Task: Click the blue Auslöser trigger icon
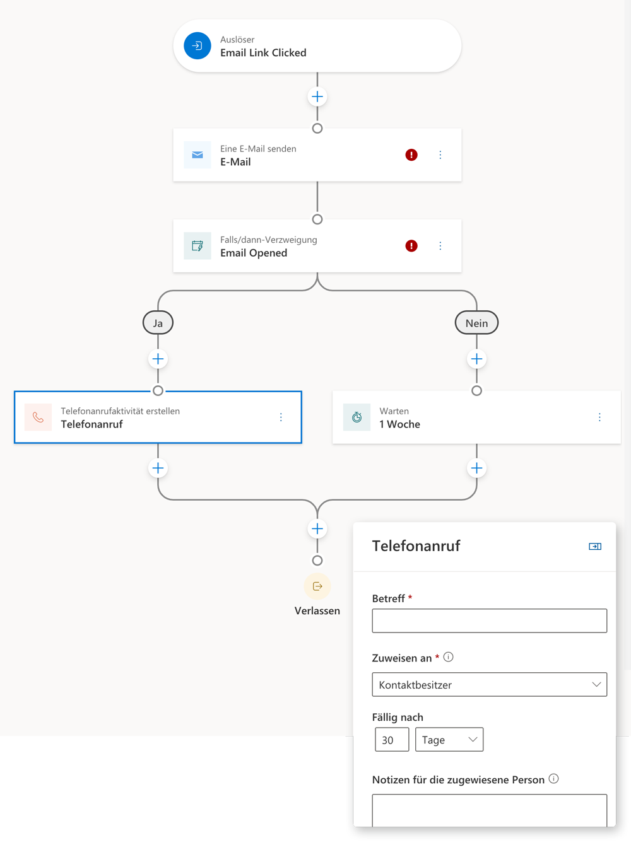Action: coord(198,46)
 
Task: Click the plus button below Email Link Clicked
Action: coord(317,96)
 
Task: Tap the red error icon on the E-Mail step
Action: coord(411,154)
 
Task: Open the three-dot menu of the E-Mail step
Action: coord(440,154)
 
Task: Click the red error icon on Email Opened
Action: coord(411,245)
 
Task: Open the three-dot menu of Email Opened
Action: coord(440,245)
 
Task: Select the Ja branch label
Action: coord(158,323)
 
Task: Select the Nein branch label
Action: coord(476,323)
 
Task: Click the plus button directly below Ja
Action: coord(158,359)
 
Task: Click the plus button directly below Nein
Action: coord(476,359)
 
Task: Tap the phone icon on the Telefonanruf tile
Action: coord(38,417)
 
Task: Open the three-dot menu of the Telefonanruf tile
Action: coord(281,417)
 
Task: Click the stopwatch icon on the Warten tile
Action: coord(357,417)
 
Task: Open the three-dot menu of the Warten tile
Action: coord(599,417)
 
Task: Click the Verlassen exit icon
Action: coord(317,586)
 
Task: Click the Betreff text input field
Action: coord(489,621)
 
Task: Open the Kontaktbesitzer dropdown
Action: coord(489,684)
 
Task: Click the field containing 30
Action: coord(392,740)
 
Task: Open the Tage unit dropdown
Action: coord(449,740)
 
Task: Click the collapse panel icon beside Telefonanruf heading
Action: coord(595,547)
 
